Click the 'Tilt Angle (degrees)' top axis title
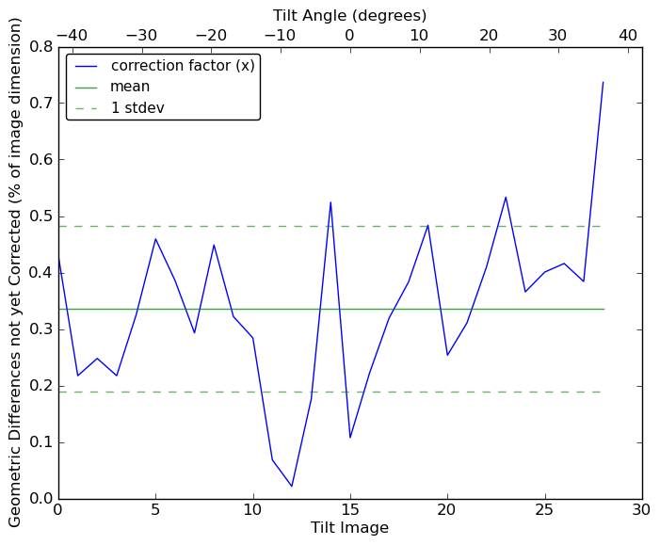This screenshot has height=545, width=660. [349, 15]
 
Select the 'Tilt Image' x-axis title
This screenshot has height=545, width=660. [349, 528]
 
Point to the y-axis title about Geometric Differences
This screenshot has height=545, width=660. [16, 272]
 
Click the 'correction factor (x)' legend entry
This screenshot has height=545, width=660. [182, 66]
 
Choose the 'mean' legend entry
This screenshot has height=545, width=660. [130, 87]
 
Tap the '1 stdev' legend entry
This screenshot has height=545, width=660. [137, 107]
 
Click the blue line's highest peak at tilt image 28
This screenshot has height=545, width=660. [603, 82]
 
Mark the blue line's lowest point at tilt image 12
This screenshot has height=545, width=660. [292, 487]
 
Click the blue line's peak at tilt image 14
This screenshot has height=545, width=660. [330, 202]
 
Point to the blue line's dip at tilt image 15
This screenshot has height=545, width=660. [350, 438]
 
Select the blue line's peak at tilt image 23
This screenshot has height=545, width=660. [506, 197]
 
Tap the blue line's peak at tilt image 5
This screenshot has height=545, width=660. [155, 238]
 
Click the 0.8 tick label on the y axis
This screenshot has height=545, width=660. [40, 46]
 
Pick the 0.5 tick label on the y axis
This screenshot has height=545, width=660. [40, 216]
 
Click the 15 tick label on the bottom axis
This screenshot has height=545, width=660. [350, 510]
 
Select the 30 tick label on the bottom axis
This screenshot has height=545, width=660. [642, 510]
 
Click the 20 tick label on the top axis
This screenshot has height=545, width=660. [489, 35]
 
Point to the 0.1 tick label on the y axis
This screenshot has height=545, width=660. [40, 442]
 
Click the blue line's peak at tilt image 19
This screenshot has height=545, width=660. [427, 225]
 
